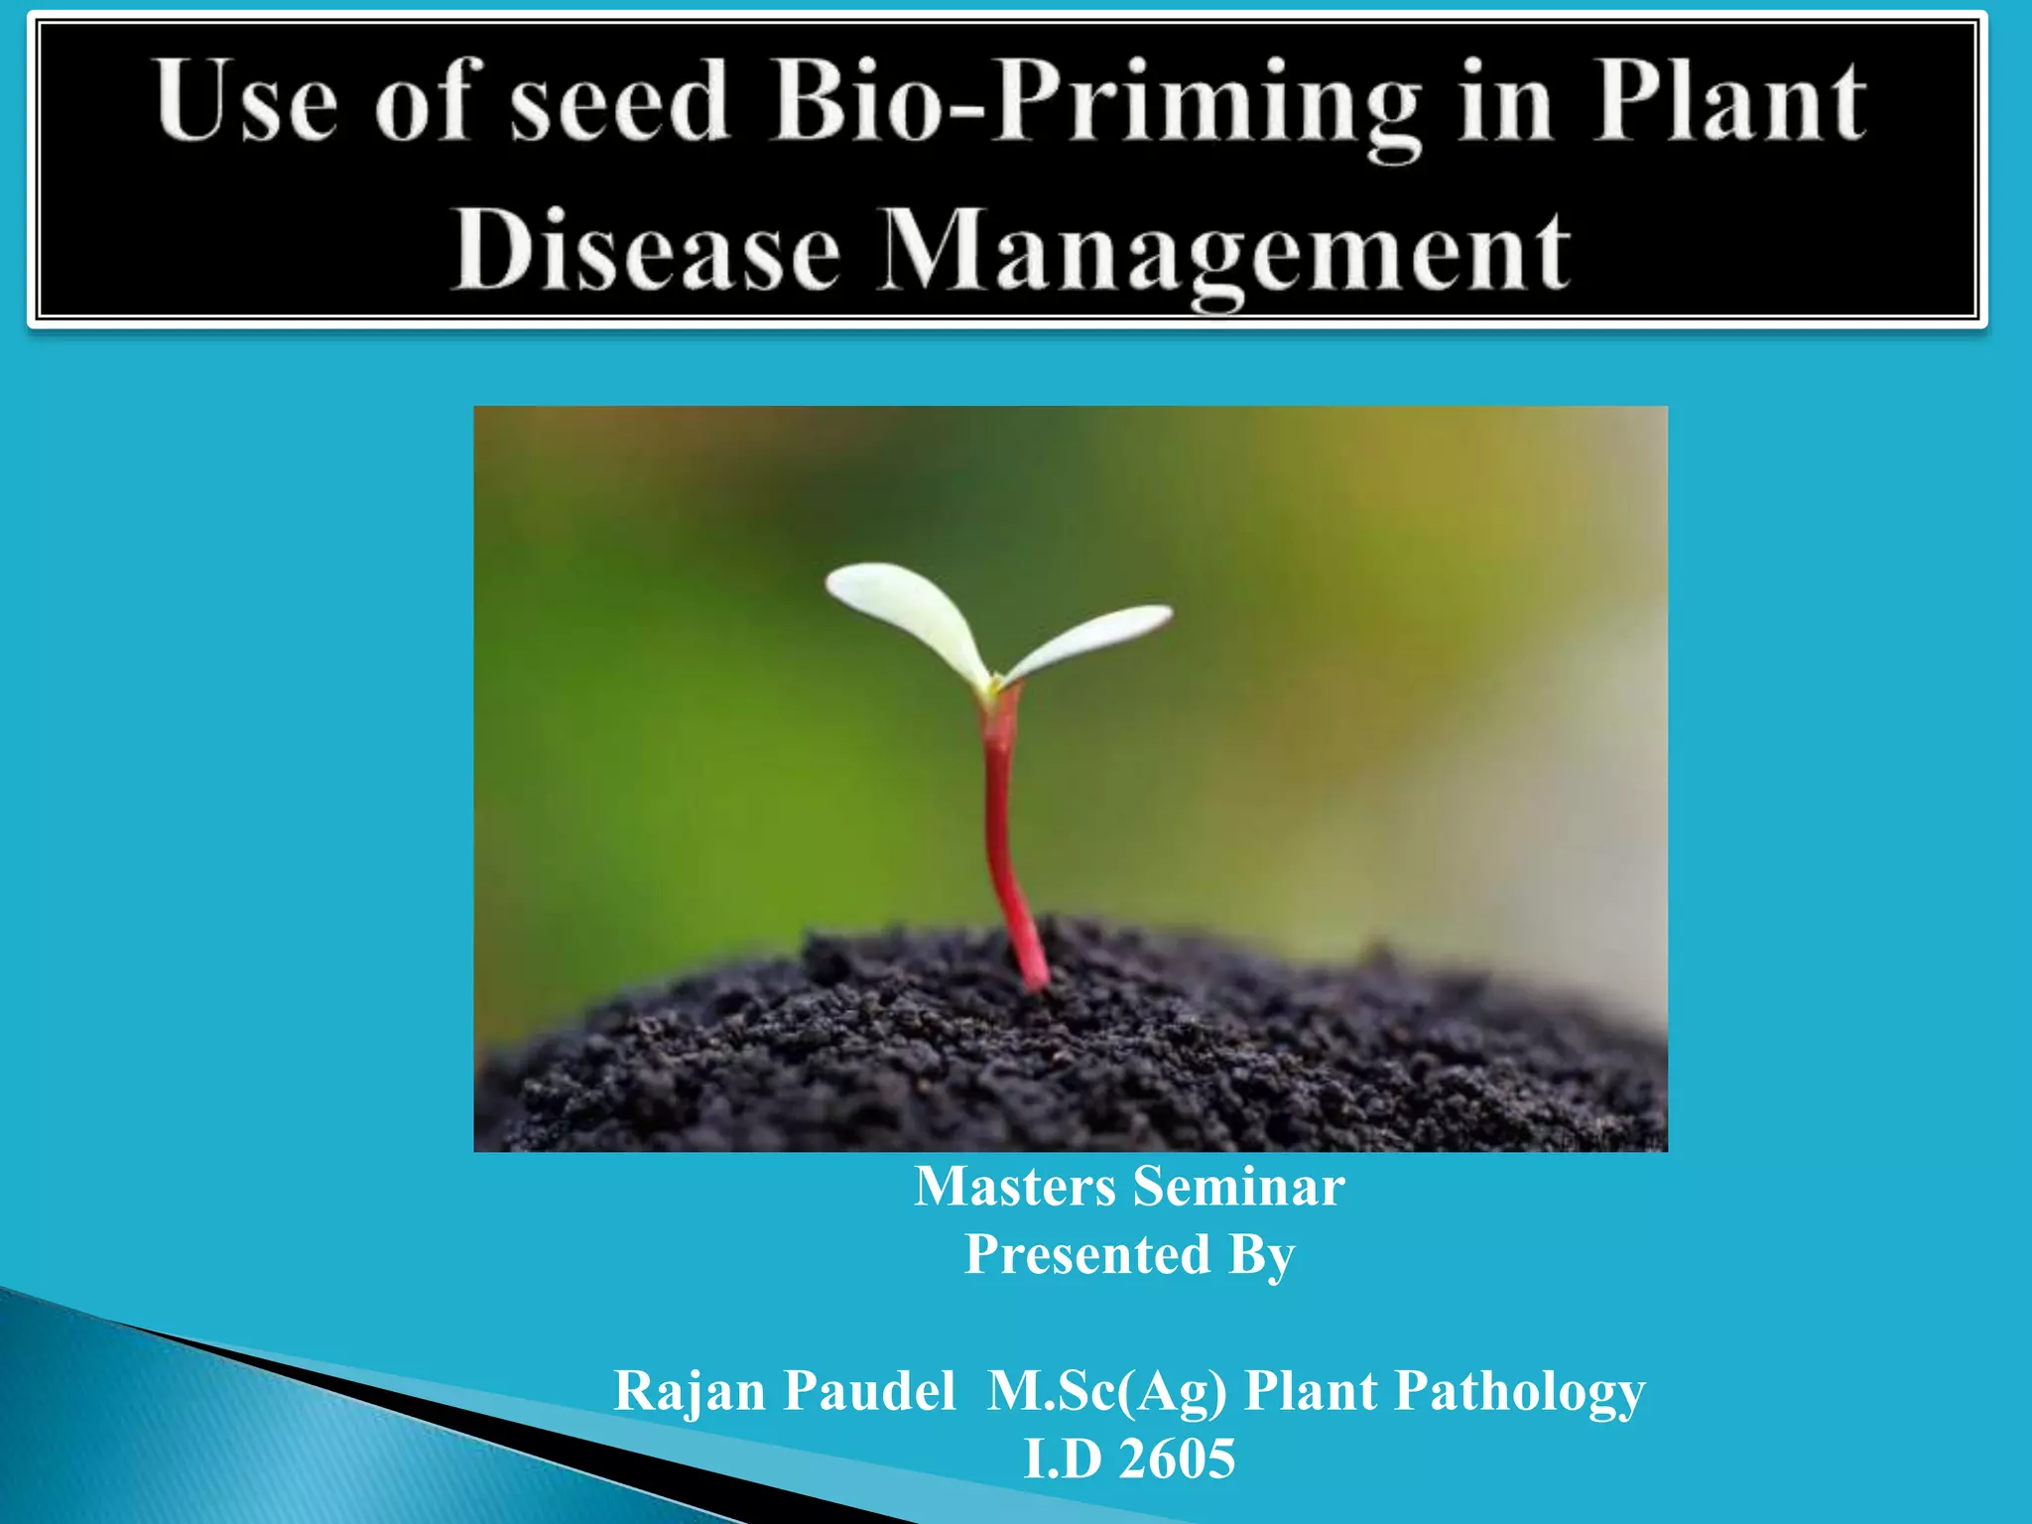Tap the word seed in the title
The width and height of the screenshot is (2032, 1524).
619,101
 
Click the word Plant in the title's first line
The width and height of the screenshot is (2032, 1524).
1728,101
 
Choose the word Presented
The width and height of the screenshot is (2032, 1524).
1087,1254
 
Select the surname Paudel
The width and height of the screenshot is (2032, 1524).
869,1391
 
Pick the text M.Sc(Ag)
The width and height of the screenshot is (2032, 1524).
1107,1392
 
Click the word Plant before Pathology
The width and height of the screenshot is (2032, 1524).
1311,1391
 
